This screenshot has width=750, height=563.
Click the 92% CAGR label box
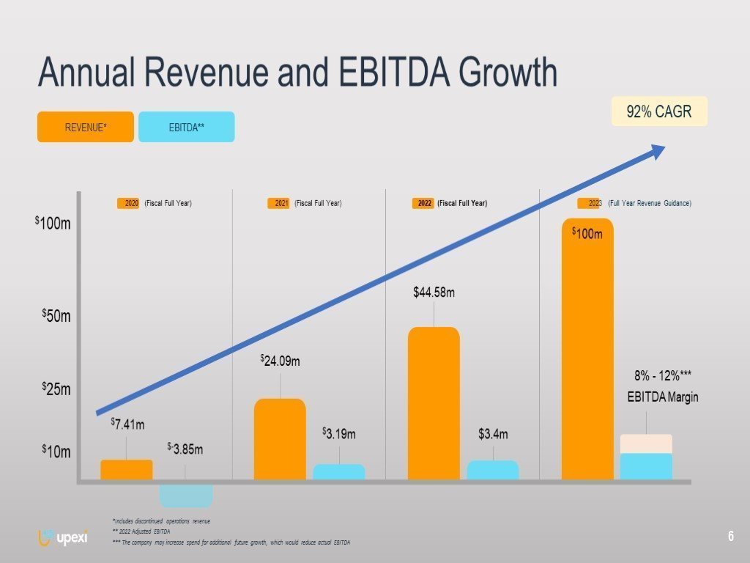click(659, 111)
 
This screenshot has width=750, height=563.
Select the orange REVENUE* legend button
click(86, 127)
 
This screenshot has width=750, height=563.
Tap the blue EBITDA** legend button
click(186, 127)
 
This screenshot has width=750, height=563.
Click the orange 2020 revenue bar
click(127, 470)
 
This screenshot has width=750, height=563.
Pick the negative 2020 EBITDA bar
click(186, 495)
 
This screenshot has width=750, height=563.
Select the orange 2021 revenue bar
click(280, 439)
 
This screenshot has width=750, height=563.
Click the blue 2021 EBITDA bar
click(339, 472)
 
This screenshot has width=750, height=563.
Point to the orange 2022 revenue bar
click(434, 403)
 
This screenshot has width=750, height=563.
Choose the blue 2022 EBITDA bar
click(493, 470)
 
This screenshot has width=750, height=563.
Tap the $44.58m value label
click(434, 293)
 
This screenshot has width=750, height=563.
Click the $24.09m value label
click(281, 361)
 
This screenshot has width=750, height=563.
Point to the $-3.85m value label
click(185, 448)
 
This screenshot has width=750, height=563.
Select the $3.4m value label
click(493, 435)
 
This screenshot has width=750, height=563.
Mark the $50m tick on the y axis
click(56, 317)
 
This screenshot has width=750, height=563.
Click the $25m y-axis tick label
click(56, 389)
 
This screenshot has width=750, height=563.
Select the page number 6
click(731, 537)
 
